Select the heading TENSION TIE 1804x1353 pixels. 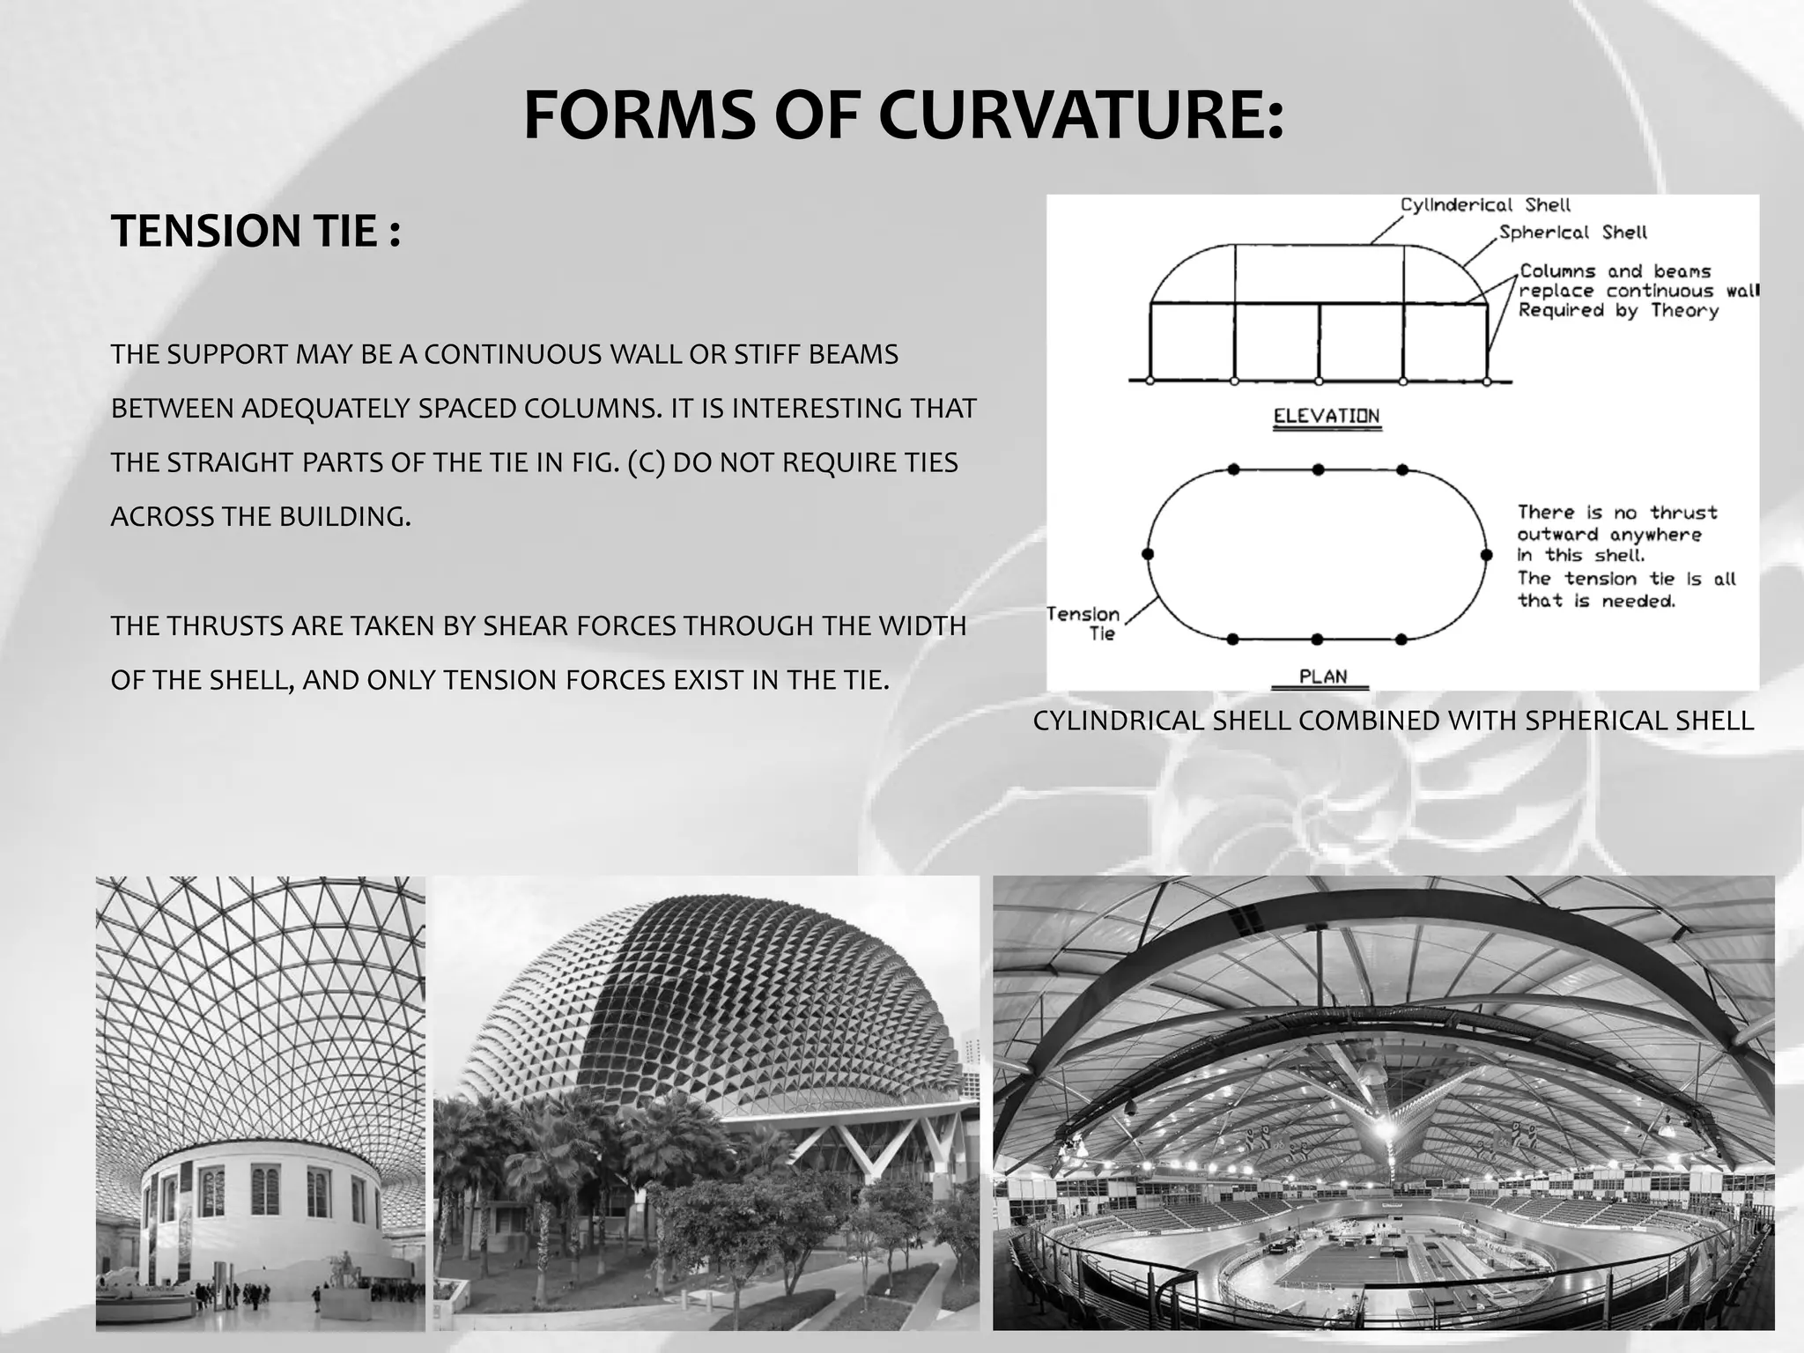(x=255, y=232)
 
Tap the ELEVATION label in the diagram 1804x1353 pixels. (x=1327, y=416)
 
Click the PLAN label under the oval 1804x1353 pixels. (x=1323, y=676)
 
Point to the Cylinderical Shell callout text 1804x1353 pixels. (x=1485, y=205)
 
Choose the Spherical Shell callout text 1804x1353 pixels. (x=1572, y=233)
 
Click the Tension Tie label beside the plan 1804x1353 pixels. (x=1083, y=623)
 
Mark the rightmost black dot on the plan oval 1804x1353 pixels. (x=1487, y=555)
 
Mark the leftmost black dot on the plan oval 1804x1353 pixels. (x=1148, y=554)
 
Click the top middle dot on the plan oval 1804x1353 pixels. (x=1318, y=469)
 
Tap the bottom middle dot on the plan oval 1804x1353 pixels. (x=1318, y=639)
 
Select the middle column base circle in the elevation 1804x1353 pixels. (x=1319, y=381)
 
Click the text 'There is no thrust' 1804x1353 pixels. (x=1617, y=513)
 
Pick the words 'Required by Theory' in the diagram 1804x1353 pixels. (x=1618, y=310)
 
